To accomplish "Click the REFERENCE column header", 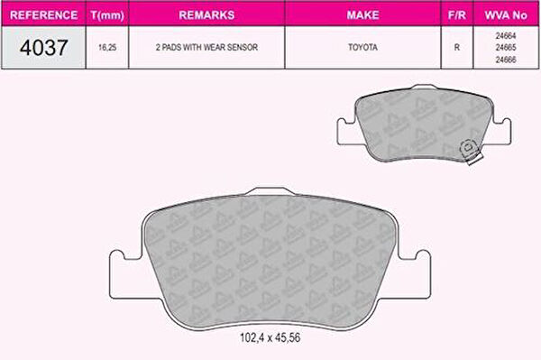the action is tap(44, 14).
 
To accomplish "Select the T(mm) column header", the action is tap(107, 15).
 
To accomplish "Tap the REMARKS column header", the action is tap(206, 14).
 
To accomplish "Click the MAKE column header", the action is tap(363, 14).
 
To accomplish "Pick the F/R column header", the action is tap(457, 14).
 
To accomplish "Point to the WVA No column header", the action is tap(506, 14).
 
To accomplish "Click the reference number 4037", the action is tap(44, 47).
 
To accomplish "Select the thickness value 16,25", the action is tap(107, 47).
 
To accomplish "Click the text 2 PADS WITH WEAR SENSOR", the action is tap(206, 47).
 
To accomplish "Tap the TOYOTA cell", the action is tap(363, 47).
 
